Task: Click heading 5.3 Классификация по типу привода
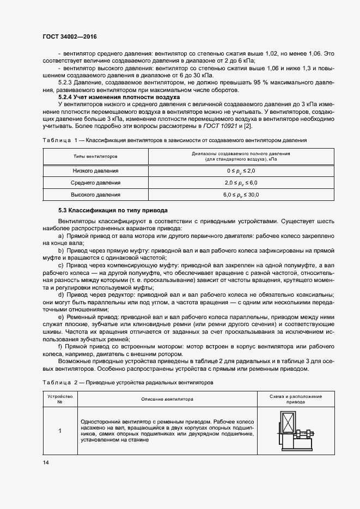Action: point(113,210)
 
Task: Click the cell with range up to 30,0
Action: point(240,194)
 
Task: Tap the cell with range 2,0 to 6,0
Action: point(240,183)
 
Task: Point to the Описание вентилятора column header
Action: point(167,399)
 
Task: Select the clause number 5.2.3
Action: point(65,83)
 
